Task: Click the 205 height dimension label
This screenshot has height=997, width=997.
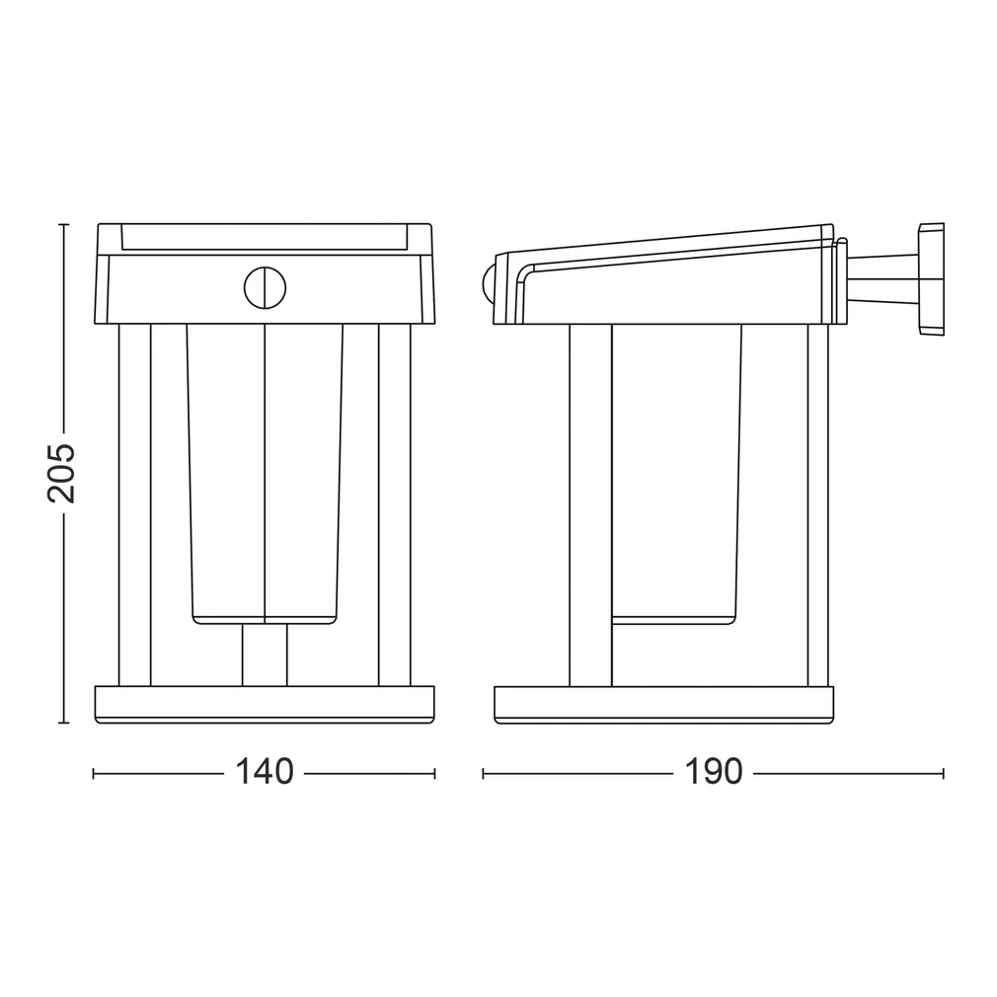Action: (x=61, y=473)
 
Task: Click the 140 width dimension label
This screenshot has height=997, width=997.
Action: (x=264, y=772)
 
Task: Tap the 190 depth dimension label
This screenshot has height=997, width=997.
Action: (x=713, y=772)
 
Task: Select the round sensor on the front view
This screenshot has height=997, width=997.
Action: (x=265, y=287)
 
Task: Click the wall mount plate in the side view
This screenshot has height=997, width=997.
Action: (x=931, y=278)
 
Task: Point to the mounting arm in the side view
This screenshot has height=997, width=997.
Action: (x=882, y=279)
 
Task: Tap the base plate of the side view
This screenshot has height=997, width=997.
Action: (x=664, y=705)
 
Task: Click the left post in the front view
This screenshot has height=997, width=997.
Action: (x=134, y=504)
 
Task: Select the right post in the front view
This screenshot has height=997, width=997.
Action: (x=395, y=504)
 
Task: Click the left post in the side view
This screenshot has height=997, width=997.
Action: (x=590, y=504)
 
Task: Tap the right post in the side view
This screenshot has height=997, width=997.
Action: (x=818, y=504)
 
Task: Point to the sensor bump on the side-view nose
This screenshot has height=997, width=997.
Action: (x=488, y=282)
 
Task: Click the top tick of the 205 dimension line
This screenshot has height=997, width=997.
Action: (x=63, y=225)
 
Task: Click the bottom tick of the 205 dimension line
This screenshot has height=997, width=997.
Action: (x=63, y=723)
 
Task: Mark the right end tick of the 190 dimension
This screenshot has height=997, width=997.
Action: (x=943, y=773)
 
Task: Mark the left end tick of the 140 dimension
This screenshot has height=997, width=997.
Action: (x=94, y=773)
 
